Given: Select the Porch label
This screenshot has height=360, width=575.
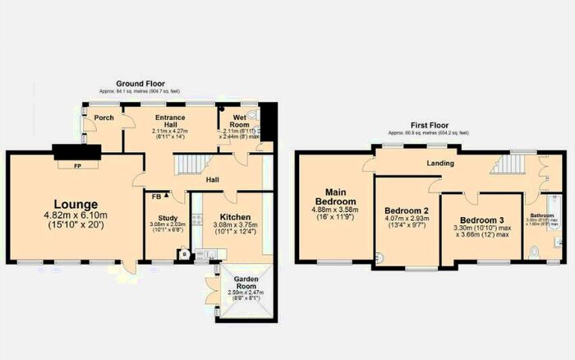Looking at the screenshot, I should click(x=104, y=118).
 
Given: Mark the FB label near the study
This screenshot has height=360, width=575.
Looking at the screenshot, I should click(x=156, y=196).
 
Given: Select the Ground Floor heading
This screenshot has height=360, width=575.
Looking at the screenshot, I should click(x=139, y=84).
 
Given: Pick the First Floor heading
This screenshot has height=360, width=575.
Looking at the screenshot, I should click(x=427, y=126).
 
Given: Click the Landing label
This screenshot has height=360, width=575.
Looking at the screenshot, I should click(x=440, y=164).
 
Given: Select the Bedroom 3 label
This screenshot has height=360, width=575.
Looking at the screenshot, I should click(x=481, y=219).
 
